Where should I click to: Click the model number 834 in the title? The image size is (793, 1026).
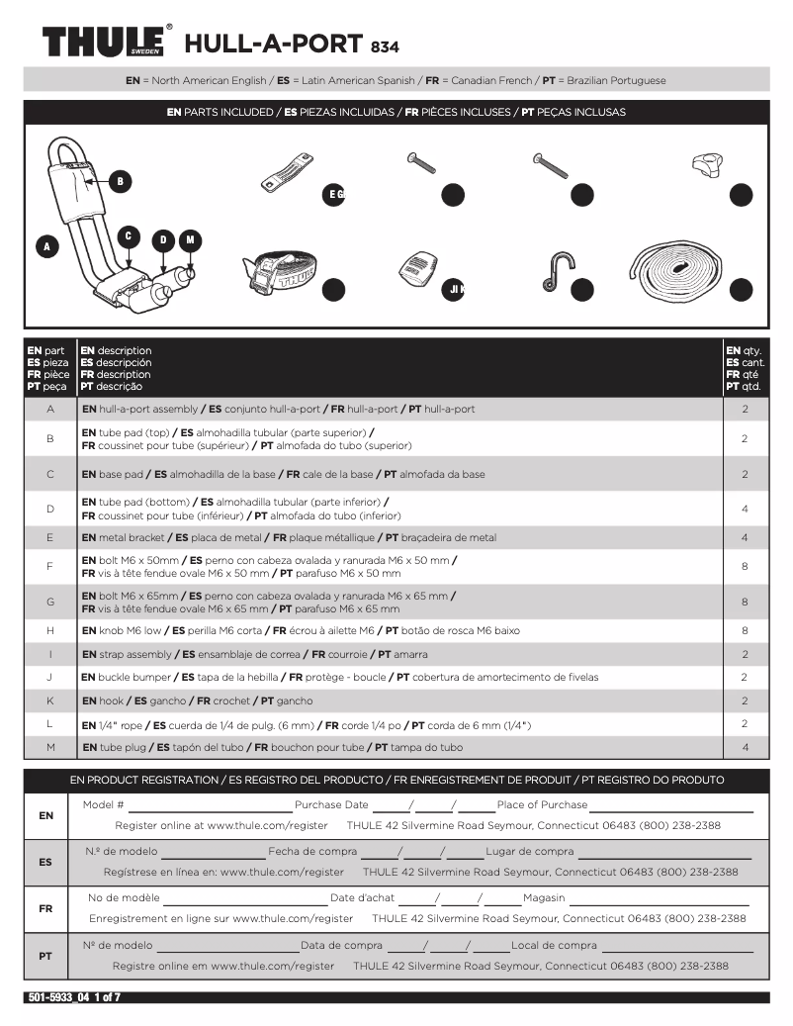385,46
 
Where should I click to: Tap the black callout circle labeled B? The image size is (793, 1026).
119,181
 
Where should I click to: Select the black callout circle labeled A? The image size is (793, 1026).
45,246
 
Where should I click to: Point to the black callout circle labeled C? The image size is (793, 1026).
128,235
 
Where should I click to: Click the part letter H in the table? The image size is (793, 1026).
49,630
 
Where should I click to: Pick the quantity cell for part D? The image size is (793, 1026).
744,509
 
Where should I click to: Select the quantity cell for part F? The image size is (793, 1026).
744,566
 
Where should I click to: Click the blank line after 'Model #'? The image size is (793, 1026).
209,807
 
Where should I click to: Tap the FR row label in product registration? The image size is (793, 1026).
45,908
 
